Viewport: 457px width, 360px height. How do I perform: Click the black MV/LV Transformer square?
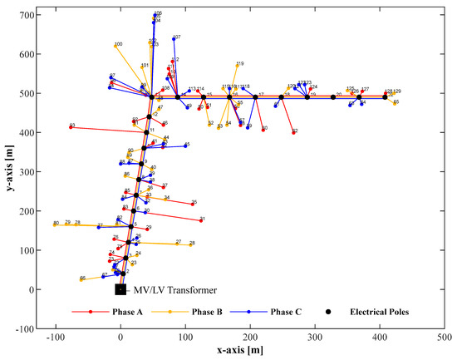[x=120, y=289]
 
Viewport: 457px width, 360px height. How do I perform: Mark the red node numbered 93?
[x=71, y=127]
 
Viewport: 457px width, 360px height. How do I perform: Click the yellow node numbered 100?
[x=115, y=46]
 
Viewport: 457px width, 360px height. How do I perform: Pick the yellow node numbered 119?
[x=237, y=66]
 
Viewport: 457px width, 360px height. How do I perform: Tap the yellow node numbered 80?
[x=55, y=224]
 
